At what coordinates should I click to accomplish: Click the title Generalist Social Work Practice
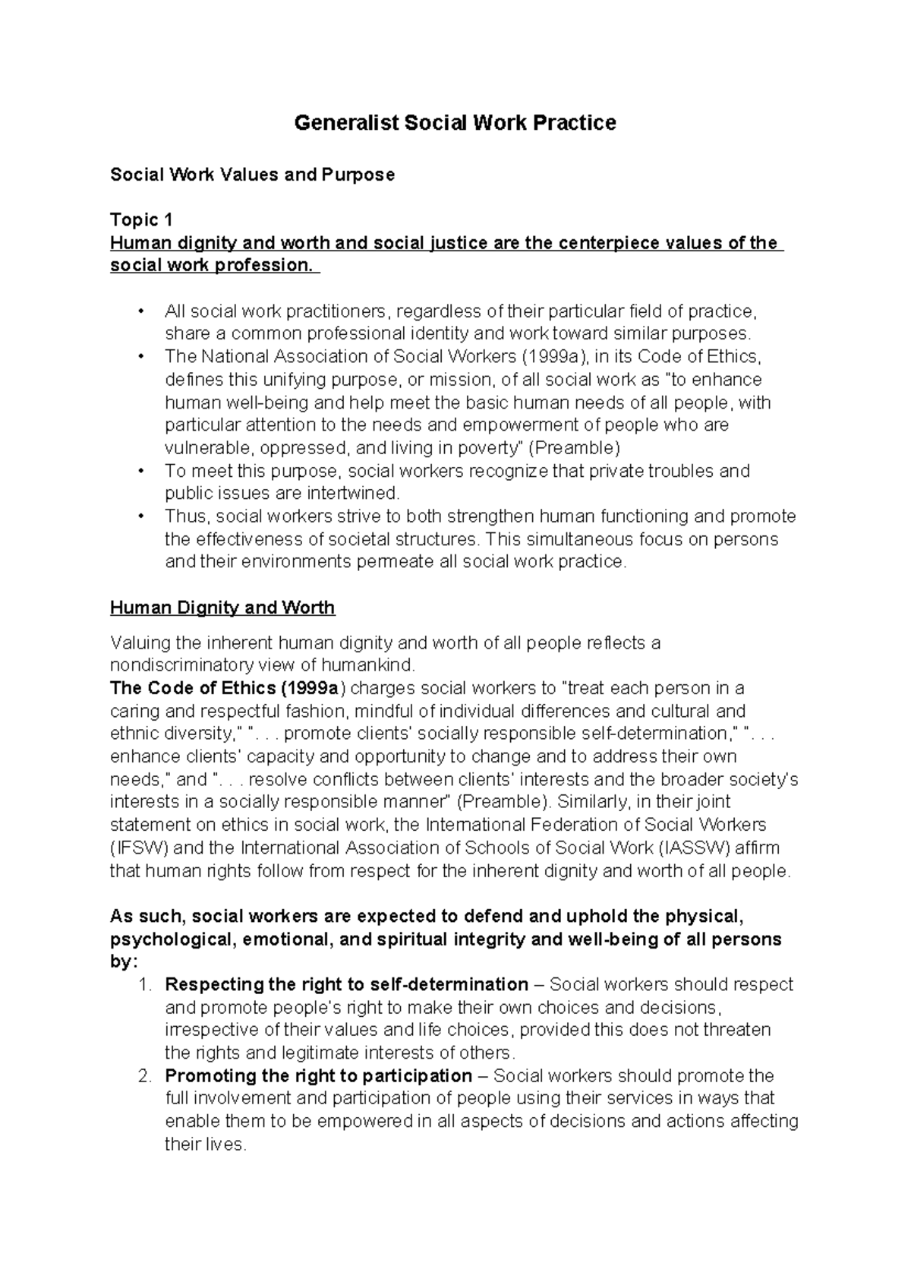(x=455, y=123)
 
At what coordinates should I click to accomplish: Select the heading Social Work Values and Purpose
(x=252, y=175)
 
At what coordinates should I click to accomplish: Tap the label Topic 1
(x=141, y=220)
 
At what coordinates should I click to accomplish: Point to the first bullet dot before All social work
(x=140, y=312)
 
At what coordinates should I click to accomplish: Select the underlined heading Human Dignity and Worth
(x=222, y=608)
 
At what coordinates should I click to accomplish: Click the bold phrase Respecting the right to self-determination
(x=346, y=985)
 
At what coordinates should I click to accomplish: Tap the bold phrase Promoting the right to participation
(x=318, y=1076)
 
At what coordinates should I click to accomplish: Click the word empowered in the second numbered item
(x=365, y=1122)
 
